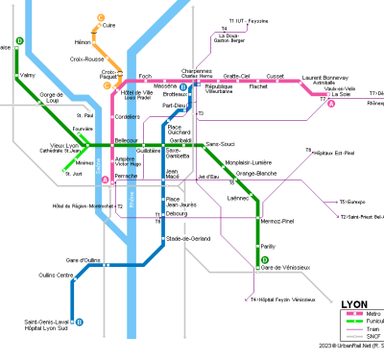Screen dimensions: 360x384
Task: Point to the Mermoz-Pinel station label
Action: [x=277, y=222]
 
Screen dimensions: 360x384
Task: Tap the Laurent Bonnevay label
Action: [x=324, y=77]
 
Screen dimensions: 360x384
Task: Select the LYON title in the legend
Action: [x=355, y=303]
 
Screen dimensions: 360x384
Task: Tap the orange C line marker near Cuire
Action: [x=101, y=17]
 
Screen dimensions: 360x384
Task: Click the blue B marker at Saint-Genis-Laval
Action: [x=79, y=323]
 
